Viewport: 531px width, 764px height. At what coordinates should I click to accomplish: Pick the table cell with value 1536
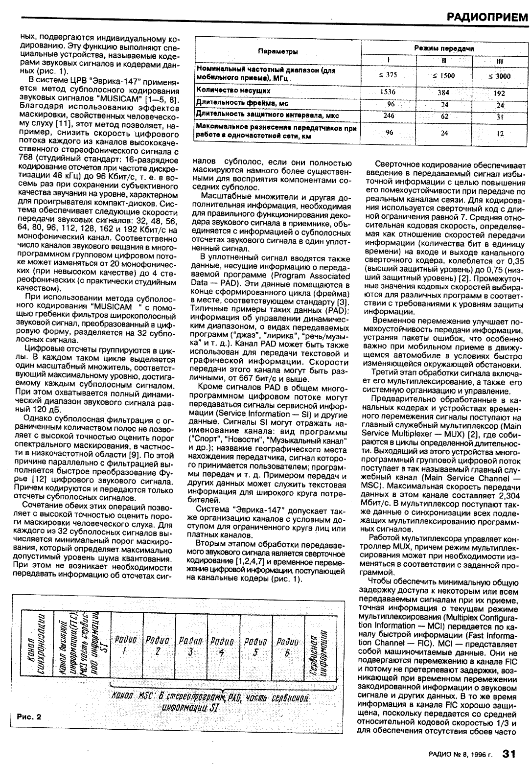388,92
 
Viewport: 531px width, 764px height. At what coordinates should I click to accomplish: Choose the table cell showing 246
388,116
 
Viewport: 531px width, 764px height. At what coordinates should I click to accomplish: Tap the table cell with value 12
500,133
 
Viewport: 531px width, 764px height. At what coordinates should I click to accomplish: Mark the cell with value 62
444,116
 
